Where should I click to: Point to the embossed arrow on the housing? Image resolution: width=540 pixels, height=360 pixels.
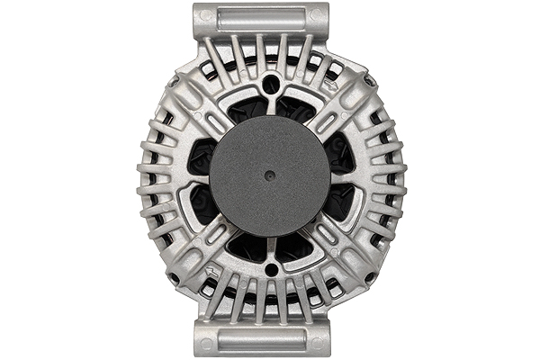pyautogui.click(x=211, y=270)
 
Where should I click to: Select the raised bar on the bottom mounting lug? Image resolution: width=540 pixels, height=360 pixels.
pyautogui.click(x=261, y=339)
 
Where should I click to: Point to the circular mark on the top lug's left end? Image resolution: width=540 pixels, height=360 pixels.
pyautogui.click(x=206, y=16)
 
